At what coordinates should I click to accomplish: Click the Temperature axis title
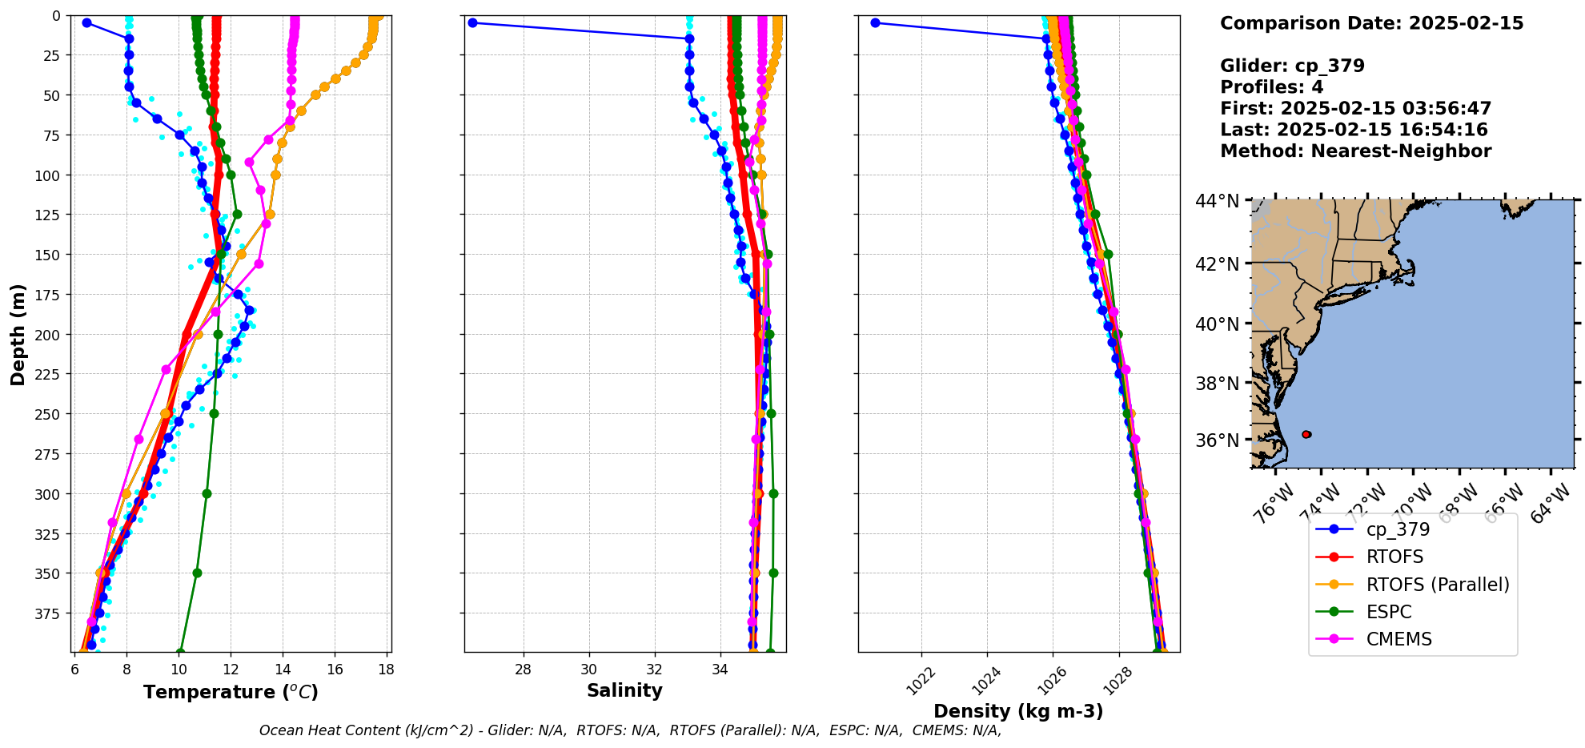pos(231,692)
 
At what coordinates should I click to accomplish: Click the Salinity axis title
pos(624,690)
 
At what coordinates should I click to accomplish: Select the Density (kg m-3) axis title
pos(1018,711)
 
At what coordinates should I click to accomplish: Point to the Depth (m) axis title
pos(18,334)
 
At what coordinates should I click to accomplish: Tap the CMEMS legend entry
pos(1398,639)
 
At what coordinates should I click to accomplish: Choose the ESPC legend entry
pos(1389,612)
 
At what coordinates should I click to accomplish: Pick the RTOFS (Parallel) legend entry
pos(1437,585)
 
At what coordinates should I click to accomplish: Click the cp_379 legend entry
pos(1398,529)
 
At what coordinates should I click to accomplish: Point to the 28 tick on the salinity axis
pos(524,670)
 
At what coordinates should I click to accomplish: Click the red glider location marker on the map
pos(1306,434)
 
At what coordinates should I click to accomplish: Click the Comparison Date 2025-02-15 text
pos(1371,23)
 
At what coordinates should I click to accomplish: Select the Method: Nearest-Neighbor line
pos(1355,151)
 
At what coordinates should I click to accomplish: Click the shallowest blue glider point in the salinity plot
pos(472,22)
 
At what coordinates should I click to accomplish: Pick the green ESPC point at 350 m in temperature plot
pos(197,573)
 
